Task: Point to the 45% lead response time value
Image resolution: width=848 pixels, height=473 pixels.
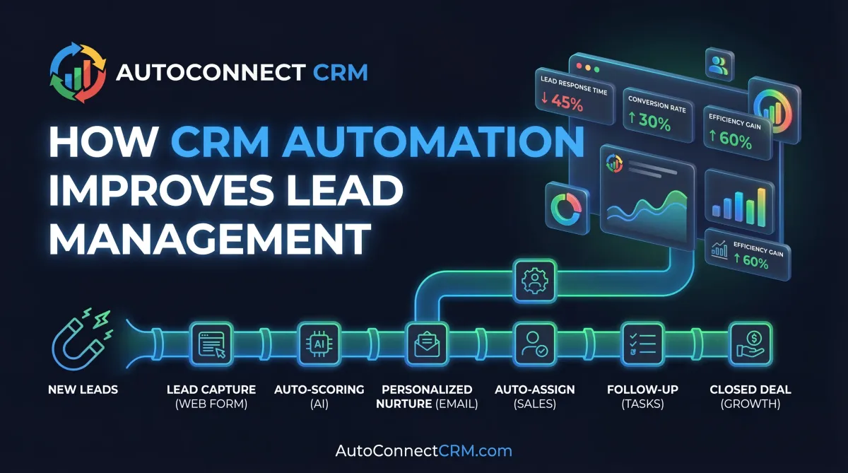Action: (563, 104)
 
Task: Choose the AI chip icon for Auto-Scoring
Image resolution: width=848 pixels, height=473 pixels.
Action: (319, 344)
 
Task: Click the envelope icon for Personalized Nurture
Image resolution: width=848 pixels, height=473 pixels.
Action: (427, 344)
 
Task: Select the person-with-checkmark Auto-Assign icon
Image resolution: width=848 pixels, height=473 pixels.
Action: (534, 344)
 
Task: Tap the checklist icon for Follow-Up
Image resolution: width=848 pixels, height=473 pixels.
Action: (642, 344)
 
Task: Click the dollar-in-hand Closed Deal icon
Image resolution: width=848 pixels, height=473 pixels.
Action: (749, 344)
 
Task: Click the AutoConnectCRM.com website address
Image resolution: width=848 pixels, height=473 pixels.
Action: (424, 450)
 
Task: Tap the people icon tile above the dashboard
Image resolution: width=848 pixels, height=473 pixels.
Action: (718, 66)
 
